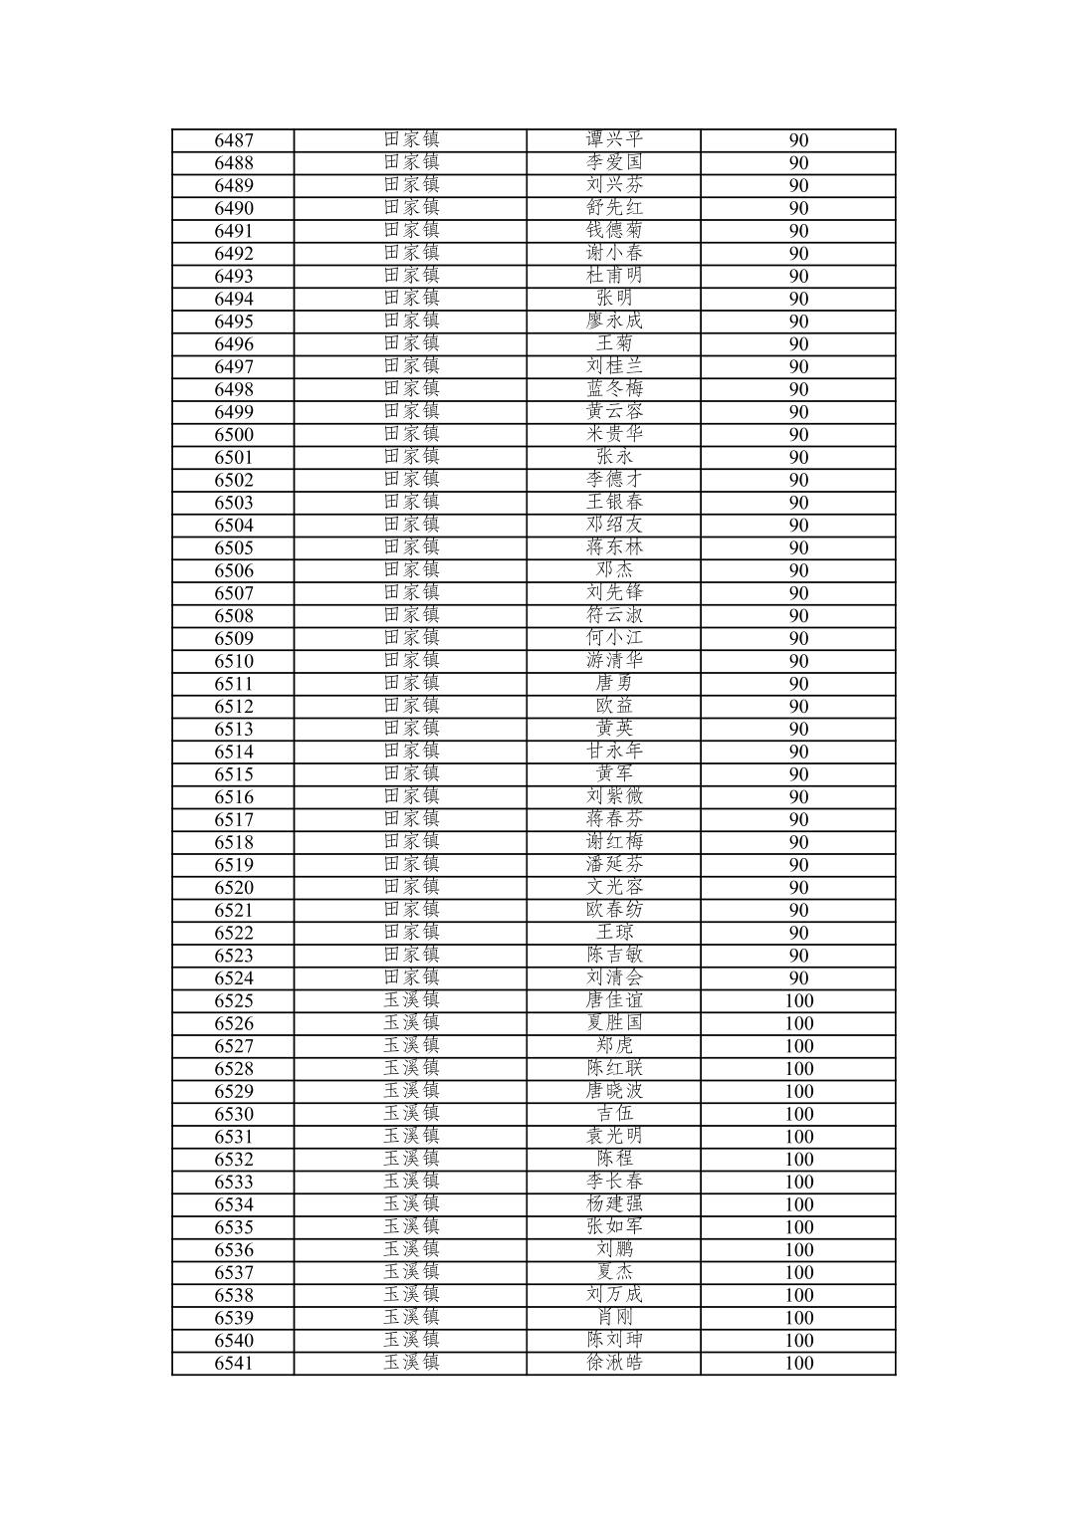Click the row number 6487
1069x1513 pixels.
click(x=234, y=140)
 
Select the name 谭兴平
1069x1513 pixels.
click(x=614, y=139)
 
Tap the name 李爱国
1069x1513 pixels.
click(x=614, y=162)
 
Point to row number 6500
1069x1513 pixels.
click(x=234, y=435)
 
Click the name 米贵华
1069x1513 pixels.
click(x=614, y=434)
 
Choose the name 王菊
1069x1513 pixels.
click(x=614, y=343)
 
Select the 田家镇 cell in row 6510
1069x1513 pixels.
click(x=411, y=660)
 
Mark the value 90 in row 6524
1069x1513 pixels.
click(x=798, y=978)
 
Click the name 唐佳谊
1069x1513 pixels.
click(x=614, y=1000)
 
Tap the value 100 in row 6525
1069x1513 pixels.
click(x=798, y=1001)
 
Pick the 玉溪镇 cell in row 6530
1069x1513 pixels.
click(x=411, y=1113)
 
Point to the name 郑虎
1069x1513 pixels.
click(x=614, y=1045)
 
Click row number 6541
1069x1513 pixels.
click(x=234, y=1364)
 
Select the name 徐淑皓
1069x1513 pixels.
click(x=614, y=1363)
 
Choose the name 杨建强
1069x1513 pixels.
click(x=614, y=1204)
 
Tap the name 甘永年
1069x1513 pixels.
click(x=614, y=752)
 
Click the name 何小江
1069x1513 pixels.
click(x=614, y=638)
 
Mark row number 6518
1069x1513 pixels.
click(x=234, y=843)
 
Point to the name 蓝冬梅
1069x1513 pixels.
click(x=614, y=389)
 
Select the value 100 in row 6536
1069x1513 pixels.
click(x=798, y=1250)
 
